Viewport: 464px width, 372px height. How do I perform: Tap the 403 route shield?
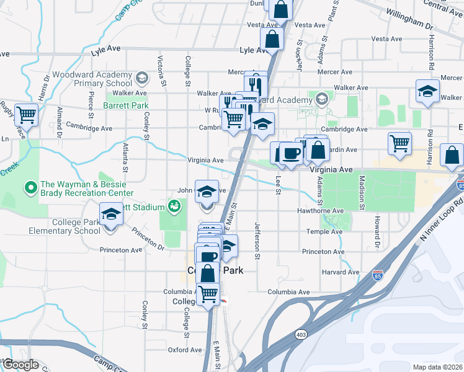(301, 334)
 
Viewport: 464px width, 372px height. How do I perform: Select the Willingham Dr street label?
(408, 27)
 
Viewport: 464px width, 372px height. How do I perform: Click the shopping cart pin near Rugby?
(26, 115)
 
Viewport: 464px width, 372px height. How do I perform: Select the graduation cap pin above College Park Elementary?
(111, 215)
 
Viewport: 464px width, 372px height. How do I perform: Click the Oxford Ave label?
(185, 350)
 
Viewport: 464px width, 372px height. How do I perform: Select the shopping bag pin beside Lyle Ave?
(272, 39)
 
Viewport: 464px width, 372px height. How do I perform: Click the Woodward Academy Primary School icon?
(141, 78)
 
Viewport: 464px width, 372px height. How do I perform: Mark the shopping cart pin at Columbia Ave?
(208, 293)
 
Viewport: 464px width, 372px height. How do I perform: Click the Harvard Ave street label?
(339, 272)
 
